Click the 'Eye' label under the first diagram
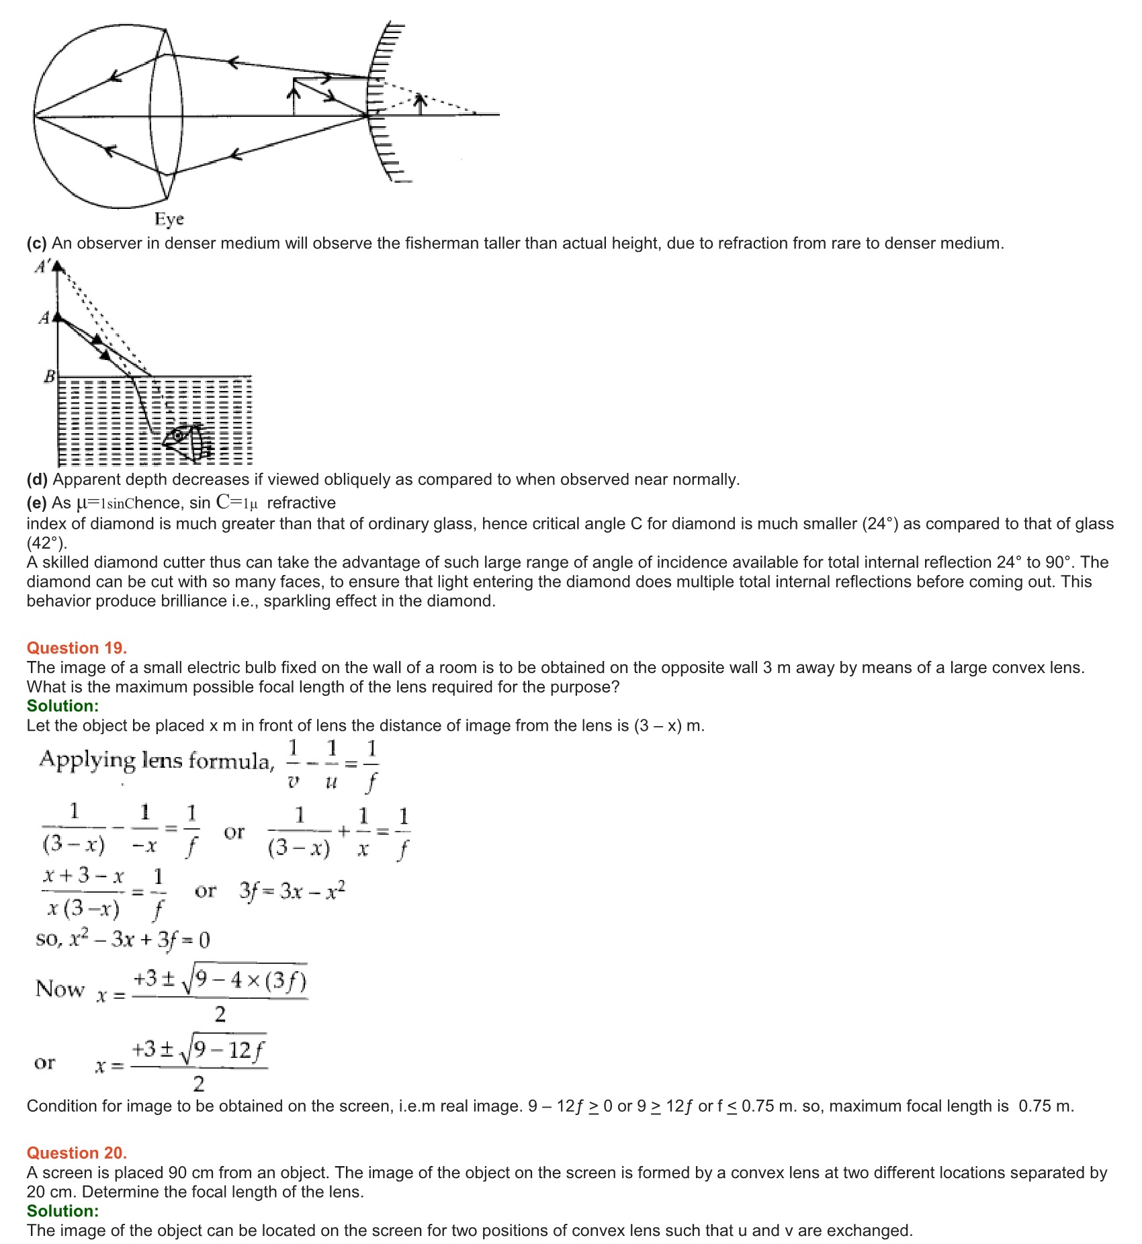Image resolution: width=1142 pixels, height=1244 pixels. [x=169, y=219]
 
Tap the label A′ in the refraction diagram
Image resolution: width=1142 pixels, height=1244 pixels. [x=42, y=267]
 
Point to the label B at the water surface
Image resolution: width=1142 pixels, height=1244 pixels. [x=49, y=377]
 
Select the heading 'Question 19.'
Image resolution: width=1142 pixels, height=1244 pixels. [x=77, y=648]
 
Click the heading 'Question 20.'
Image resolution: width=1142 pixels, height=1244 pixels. [x=77, y=1153]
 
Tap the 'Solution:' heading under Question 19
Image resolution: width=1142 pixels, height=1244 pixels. [x=62, y=706]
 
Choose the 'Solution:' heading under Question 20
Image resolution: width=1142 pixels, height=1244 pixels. [x=62, y=1211]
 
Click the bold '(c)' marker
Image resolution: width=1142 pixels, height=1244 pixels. [x=36, y=243]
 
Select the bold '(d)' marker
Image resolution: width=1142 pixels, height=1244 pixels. [x=36, y=480]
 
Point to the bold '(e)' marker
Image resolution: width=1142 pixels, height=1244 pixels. [x=36, y=503]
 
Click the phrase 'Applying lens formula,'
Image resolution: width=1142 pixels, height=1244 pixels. [x=157, y=760]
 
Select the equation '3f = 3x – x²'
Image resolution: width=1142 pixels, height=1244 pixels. [x=292, y=891]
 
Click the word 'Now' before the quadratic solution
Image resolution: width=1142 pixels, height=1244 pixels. [x=60, y=989]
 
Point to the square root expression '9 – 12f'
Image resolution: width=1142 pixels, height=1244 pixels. [x=228, y=1050]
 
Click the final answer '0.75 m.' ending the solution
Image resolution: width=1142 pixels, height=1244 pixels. [x=1046, y=1106]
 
